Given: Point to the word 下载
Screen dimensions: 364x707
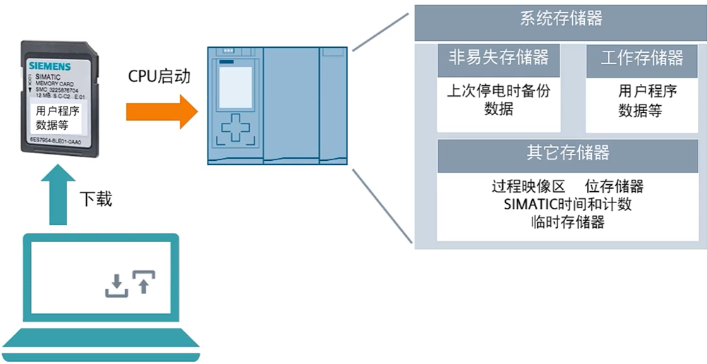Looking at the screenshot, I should pyautogui.click(x=95, y=200).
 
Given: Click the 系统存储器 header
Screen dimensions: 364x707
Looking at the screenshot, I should pyautogui.click(x=560, y=20).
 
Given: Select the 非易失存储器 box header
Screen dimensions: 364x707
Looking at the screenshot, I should pyautogui.click(x=499, y=58).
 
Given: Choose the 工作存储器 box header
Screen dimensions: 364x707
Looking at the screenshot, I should pyautogui.click(x=641, y=58).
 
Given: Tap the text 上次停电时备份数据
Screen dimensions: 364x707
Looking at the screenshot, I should pyautogui.click(x=499, y=99).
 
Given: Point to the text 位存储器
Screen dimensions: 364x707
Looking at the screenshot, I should pyautogui.click(x=614, y=187).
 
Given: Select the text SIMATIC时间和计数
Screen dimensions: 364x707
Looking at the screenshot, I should pyautogui.click(x=568, y=205).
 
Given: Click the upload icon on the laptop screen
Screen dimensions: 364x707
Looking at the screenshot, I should pyautogui.click(x=143, y=281).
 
